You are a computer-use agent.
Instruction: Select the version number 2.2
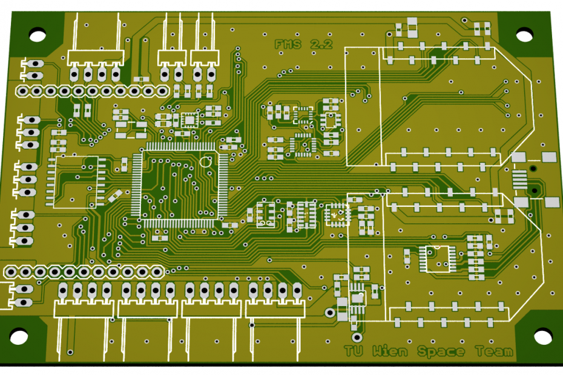coord(320,44)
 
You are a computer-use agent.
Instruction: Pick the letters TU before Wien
coord(354,351)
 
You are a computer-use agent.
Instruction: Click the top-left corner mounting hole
coord(38,34)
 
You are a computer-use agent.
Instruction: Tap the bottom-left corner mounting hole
coord(19,336)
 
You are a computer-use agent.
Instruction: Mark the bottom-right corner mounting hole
coord(542,336)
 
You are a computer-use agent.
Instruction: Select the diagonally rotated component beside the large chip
coord(115,195)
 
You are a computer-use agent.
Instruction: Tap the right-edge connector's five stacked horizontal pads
coord(519,179)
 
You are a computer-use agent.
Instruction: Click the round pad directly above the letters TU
coord(357,336)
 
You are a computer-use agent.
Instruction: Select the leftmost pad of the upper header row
coord(22,91)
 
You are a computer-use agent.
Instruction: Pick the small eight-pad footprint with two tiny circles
coord(265,214)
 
